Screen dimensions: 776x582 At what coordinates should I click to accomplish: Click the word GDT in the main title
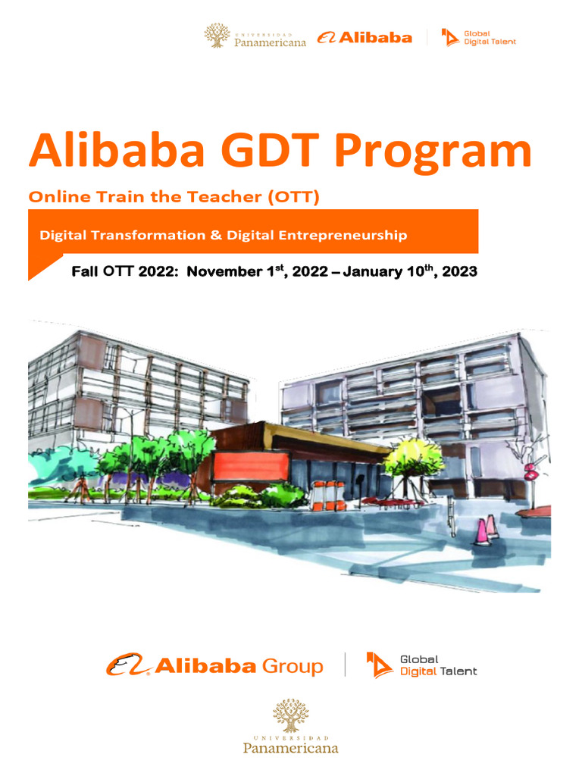pyautogui.click(x=263, y=151)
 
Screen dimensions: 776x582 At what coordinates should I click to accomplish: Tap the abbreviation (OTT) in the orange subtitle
pyautogui.click(x=293, y=198)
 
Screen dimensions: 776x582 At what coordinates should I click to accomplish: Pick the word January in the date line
pyautogui.click(x=373, y=271)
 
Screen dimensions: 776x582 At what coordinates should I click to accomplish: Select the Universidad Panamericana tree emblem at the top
pyautogui.click(x=217, y=35)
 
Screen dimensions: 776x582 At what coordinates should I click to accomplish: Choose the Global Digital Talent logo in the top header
pyautogui.click(x=478, y=37)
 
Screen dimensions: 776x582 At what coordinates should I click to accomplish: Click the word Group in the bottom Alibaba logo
pyautogui.click(x=292, y=666)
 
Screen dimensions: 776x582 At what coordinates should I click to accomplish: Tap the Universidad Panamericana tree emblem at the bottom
pyautogui.click(x=290, y=715)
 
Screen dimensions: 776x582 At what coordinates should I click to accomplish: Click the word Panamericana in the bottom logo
pyautogui.click(x=290, y=748)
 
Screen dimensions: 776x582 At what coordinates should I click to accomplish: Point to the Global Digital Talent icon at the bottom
pyautogui.click(x=380, y=665)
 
